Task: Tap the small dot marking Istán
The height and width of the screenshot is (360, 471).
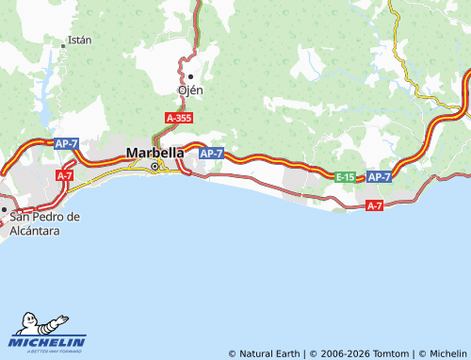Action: pos(64,43)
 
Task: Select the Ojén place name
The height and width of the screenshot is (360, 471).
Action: pos(190,90)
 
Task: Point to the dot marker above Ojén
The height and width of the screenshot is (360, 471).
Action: pos(190,76)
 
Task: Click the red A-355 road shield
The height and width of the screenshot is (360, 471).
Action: pos(179,118)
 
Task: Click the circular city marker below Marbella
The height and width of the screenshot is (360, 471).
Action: pos(155,167)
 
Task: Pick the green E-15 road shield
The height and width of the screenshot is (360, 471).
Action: pos(347,176)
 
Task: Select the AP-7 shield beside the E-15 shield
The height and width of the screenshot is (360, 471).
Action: pos(379,176)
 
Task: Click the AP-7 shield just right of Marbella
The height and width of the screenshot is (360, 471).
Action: pos(211,153)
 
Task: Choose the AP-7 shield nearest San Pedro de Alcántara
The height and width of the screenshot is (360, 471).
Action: pos(66,143)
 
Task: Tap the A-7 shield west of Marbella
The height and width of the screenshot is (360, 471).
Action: pos(65,175)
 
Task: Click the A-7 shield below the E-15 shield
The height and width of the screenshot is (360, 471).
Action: pos(374,205)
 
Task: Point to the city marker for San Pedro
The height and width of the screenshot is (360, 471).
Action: pos(4,210)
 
